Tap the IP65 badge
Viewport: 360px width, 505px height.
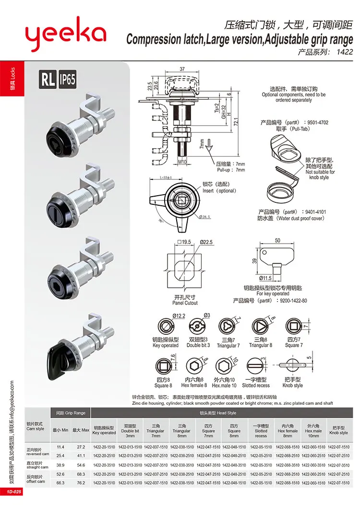(68, 80)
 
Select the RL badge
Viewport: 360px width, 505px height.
(48, 80)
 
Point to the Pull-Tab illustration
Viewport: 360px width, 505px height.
(284, 146)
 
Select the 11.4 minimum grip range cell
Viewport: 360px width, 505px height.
(60, 446)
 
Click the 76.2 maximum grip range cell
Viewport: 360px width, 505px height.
(80, 482)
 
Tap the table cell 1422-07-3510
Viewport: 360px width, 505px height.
(338, 465)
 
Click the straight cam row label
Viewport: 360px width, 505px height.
(37, 465)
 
